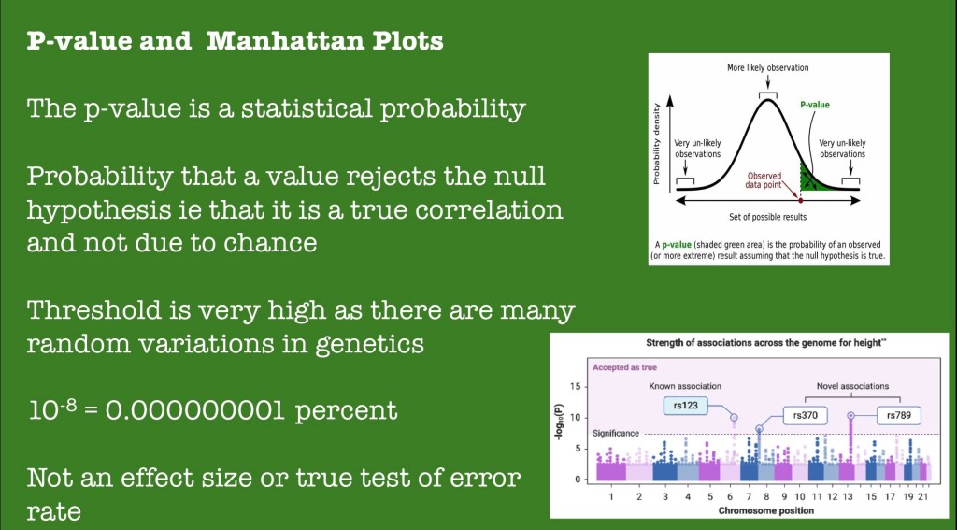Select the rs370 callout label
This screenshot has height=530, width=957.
806,416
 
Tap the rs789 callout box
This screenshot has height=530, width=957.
898,416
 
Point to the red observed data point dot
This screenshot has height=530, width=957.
800,200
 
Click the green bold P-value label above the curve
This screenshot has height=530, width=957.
815,105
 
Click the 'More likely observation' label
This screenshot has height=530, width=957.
768,68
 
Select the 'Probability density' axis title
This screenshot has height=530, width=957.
657,144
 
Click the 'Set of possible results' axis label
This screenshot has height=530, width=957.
768,217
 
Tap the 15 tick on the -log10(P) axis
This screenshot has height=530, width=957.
575,386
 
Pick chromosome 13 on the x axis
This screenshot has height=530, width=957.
848,497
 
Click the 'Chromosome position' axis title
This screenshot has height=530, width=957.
766,510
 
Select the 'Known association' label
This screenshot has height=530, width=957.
685,386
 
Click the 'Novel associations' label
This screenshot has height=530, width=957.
852,386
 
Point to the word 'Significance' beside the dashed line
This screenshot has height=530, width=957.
616,434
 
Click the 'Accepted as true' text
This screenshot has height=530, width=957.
624,367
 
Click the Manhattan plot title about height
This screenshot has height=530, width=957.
766,343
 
